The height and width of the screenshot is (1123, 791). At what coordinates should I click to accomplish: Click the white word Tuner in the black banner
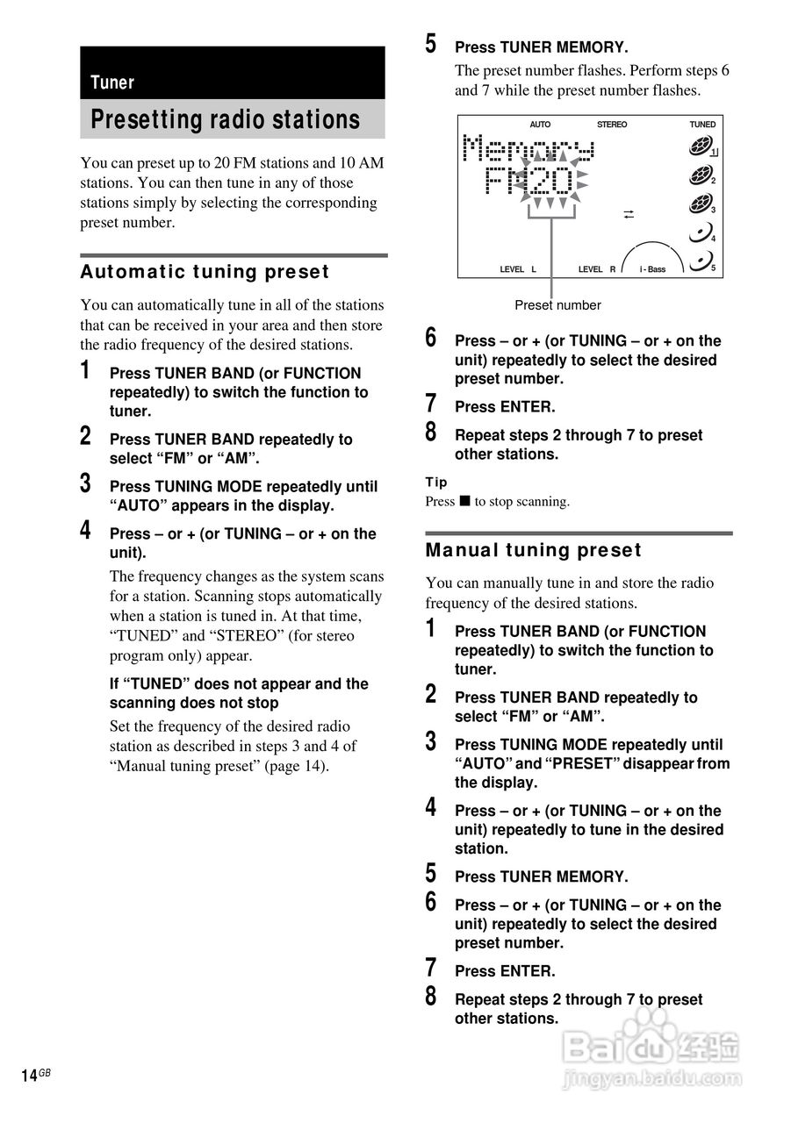(x=112, y=82)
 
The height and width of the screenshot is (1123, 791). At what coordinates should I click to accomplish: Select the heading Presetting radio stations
(x=226, y=119)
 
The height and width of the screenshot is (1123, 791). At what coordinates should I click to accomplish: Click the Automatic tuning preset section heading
(x=205, y=272)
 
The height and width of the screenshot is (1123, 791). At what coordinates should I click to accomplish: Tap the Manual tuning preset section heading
(x=533, y=550)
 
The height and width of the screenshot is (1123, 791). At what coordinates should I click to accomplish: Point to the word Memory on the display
(x=529, y=148)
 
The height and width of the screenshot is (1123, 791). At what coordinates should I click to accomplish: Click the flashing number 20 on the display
(x=550, y=181)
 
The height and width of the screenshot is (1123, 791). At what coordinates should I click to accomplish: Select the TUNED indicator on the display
(x=702, y=125)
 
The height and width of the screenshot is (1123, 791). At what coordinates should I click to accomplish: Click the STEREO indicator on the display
(x=612, y=125)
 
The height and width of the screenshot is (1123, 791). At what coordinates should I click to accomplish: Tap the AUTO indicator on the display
(x=540, y=125)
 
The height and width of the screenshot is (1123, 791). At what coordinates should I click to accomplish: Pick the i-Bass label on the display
(x=652, y=269)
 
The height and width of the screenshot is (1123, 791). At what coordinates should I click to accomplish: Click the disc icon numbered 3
(x=700, y=204)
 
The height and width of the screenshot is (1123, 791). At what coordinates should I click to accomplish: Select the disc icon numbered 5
(x=701, y=261)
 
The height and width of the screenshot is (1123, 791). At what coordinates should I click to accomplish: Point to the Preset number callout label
(x=557, y=304)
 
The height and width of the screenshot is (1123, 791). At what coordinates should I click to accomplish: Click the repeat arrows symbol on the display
(x=629, y=215)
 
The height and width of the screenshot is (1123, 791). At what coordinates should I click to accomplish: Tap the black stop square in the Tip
(x=465, y=501)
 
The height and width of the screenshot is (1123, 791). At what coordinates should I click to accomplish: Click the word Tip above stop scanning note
(x=435, y=483)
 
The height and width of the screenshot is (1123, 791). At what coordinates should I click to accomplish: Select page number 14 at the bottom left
(x=29, y=1076)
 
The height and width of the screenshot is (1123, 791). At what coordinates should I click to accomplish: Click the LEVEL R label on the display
(x=597, y=269)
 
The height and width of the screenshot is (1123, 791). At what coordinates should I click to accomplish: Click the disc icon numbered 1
(x=701, y=147)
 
